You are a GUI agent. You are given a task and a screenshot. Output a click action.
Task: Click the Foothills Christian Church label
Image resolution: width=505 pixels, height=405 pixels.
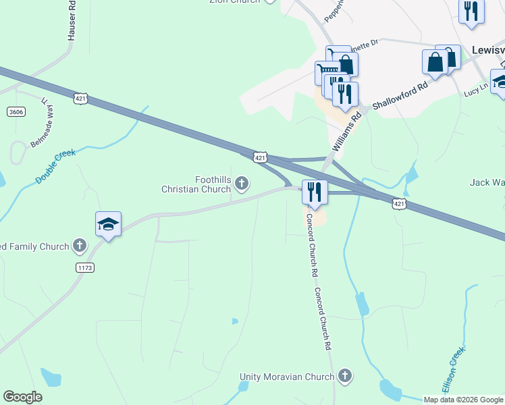coord(194,184)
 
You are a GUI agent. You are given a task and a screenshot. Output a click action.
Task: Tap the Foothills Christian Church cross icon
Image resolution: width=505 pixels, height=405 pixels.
coord(241,183)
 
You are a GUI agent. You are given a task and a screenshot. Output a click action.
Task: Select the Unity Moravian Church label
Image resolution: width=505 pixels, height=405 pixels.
coord(288,377)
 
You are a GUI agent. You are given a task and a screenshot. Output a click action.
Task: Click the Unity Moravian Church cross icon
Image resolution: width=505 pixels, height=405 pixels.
coord(345,376)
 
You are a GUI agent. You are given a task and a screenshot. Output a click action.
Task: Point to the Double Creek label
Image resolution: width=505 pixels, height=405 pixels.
coord(55,167)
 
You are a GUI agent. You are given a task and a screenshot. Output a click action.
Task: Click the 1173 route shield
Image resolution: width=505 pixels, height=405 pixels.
coord(85,268)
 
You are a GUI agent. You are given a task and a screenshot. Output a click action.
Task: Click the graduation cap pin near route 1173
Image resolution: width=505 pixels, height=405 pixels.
coord(108,224)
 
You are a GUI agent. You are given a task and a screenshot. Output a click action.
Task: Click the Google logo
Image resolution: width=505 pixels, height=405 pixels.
coord(22,397)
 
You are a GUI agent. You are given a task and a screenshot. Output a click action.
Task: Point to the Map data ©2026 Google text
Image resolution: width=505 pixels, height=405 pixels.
coord(463,400)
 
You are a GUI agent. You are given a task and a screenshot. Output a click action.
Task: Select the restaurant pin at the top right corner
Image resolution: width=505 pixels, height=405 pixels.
coord(471,11)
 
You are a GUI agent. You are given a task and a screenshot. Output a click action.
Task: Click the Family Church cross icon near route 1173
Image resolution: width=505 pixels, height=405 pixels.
coord(80,246)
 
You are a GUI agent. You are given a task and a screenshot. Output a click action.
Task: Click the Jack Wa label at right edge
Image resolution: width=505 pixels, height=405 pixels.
coord(487,182)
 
